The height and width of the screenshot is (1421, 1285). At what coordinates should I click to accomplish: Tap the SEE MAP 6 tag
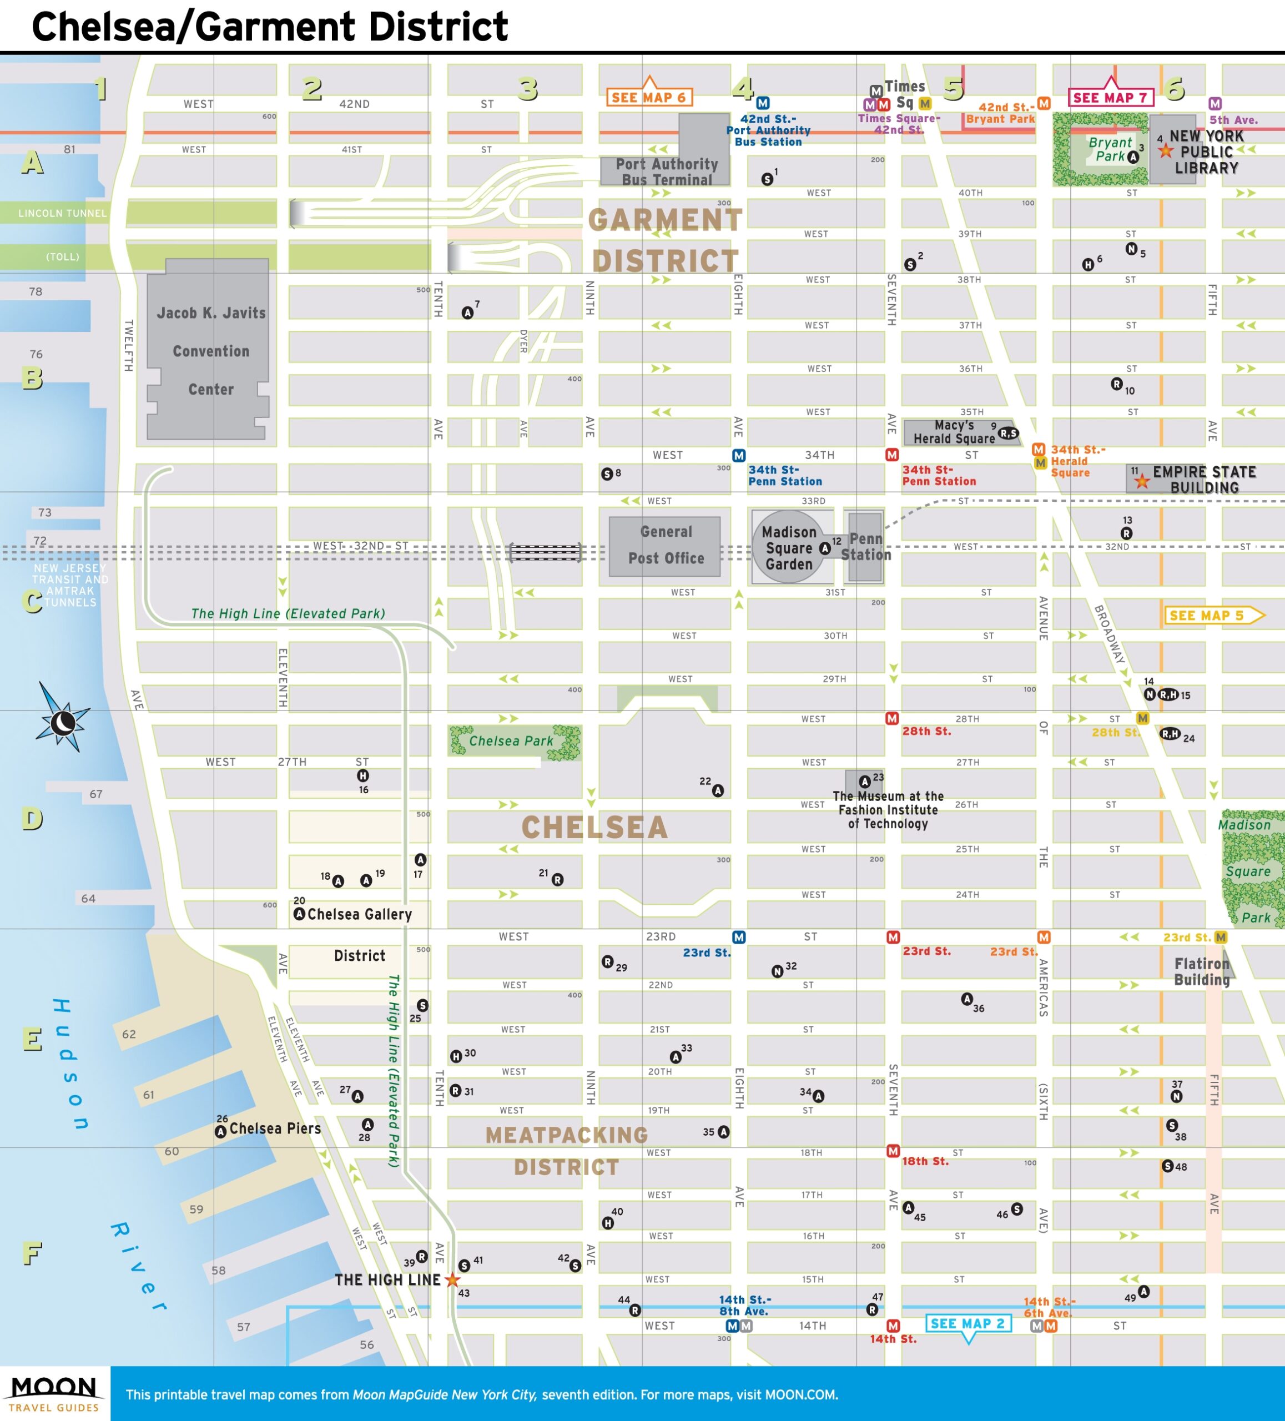click(x=648, y=97)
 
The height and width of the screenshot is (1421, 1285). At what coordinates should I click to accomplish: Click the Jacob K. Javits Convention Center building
click(x=210, y=350)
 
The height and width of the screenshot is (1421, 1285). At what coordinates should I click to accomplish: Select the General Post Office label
click(x=666, y=545)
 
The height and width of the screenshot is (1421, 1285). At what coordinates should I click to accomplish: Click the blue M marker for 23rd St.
click(x=738, y=938)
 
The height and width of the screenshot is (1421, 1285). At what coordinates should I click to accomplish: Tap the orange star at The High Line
click(x=452, y=1280)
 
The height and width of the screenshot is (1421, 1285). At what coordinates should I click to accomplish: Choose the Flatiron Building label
click(x=1201, y=971)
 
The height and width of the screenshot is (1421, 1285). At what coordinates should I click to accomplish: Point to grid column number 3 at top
click(x=527, y=89)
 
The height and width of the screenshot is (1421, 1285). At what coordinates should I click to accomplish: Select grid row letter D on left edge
click(x=32, y=819)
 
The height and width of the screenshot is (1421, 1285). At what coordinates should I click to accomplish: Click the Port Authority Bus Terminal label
click(x=666, y=172)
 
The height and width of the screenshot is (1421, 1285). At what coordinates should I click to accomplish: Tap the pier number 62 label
click(x=129, y=1034)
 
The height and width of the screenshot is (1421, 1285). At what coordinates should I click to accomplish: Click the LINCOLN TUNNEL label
click(x=62, y=213)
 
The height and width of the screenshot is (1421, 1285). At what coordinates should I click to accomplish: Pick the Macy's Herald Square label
click(x=954, y=431)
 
